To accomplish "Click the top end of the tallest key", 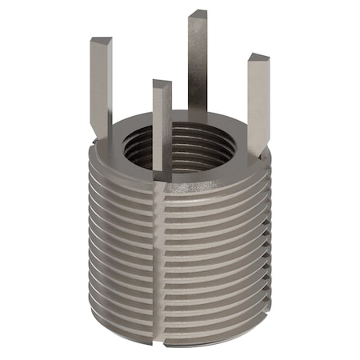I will pos(198,14).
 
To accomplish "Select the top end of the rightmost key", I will pos(258,58).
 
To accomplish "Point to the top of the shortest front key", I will pos(162,83).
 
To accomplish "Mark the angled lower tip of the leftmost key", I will pos(102,133).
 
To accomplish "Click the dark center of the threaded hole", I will pos(200,144).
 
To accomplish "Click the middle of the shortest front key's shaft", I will pos(162,128).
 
